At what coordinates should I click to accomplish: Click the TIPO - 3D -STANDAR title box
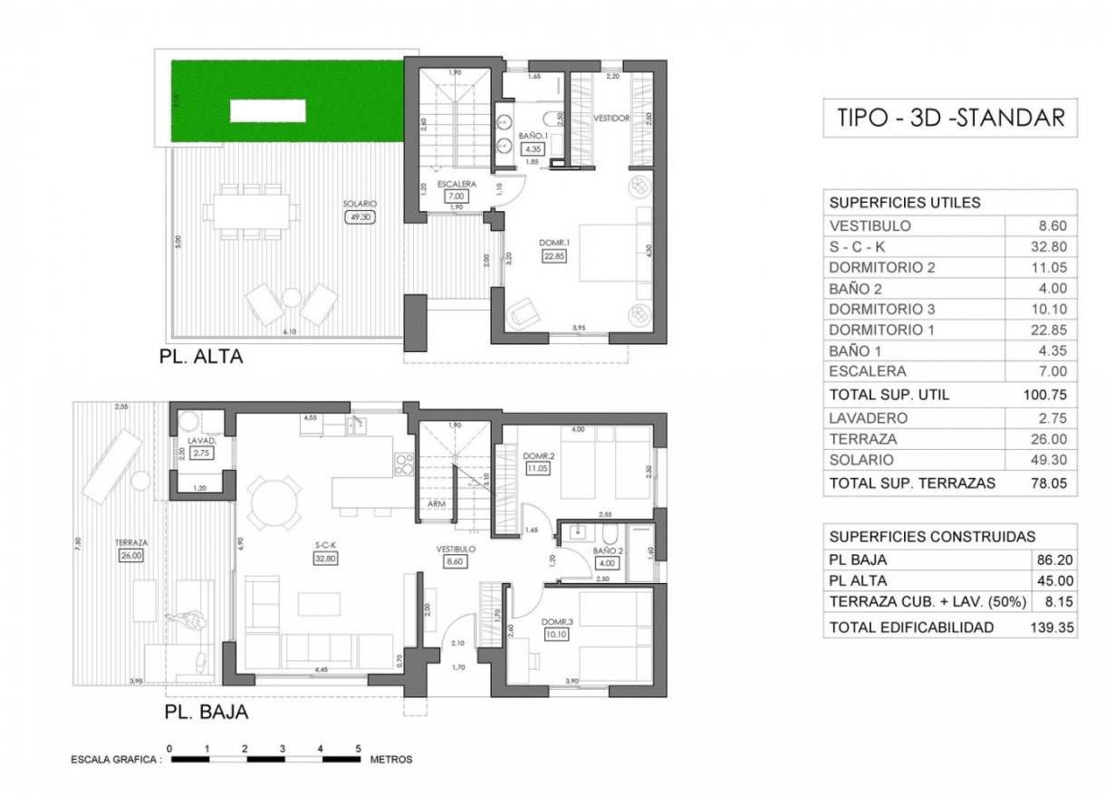pyautogui.click(x=950, y=118)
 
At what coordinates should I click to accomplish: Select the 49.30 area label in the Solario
pyautogui.click(x=358, y=217)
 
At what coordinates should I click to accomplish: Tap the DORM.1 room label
pyautogui.click(x=554, y=244)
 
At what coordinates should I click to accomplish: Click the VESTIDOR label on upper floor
pyautogui.click(x=611, y=119)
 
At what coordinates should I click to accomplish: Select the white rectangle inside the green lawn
pyautogui.click(x=267, y=111)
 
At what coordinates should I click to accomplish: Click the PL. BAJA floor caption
pyautogui.click(x=207, y=712)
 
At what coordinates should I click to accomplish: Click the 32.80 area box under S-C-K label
pyautogui.click(x=326, y=559)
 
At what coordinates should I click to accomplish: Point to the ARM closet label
pyautogui.click(x=436, y=504)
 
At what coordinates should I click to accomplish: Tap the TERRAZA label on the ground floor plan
pyautogui.click(x=131, y=543)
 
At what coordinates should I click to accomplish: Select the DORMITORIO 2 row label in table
pyautogui.click(x=881, y=268)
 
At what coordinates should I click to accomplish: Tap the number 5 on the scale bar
pyautogui.click(x=359, y=749)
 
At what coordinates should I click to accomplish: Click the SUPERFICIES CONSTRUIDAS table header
pyautogui.click(x=932, y=537)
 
